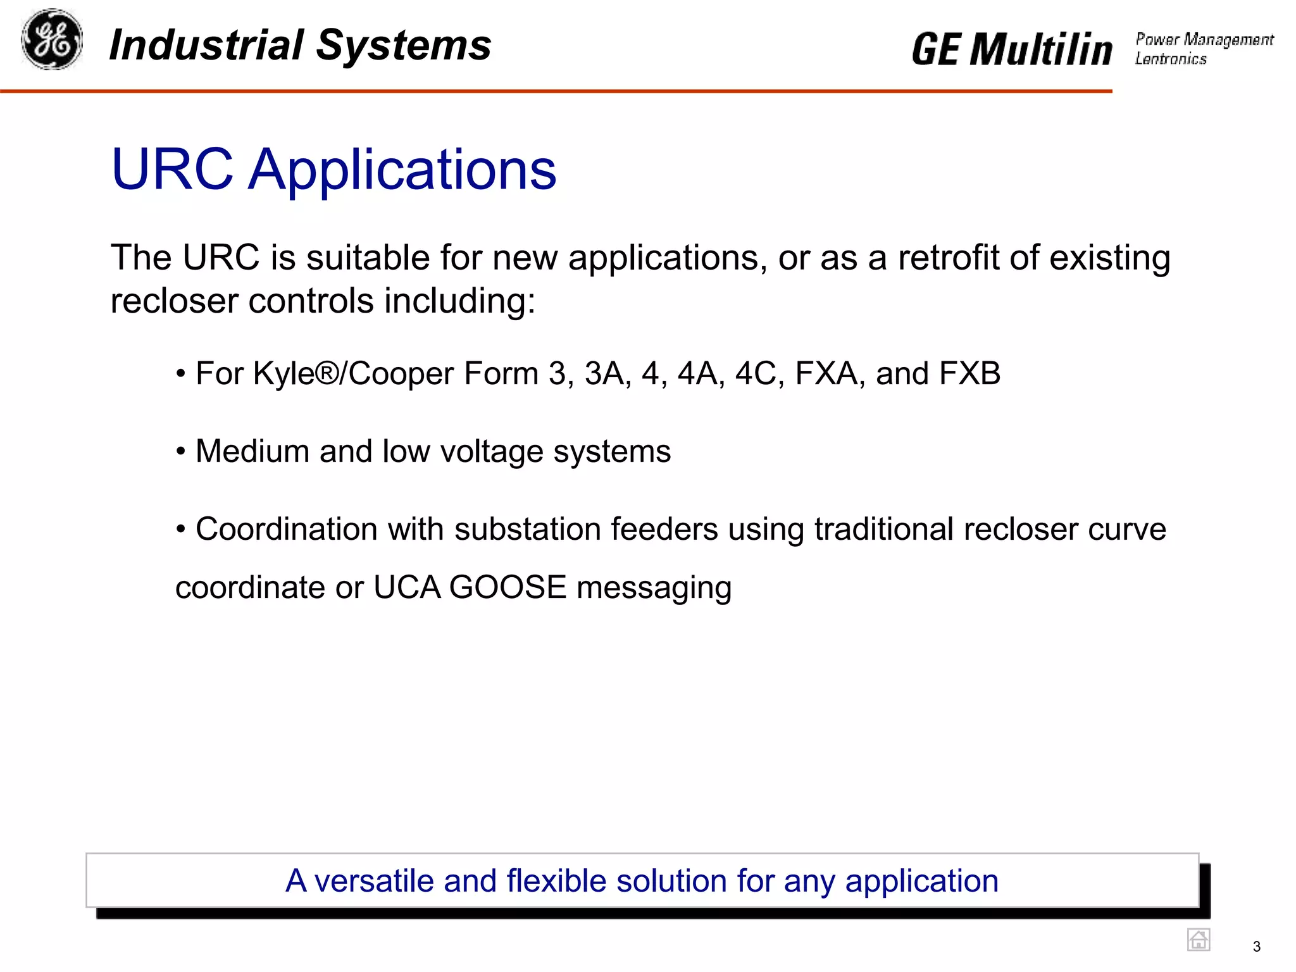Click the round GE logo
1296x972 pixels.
(x=52, y=39)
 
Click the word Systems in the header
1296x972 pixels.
(x=403, y=46)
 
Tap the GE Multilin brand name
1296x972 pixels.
(x=1011, y=49)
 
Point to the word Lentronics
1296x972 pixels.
(x=1171, y=59)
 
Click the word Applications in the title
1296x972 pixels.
(x=402, y=170)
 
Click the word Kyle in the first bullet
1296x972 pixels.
(x=283, y=373)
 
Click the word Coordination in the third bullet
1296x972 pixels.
(x=286, y=529)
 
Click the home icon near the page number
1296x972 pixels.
(x=1198, y=940)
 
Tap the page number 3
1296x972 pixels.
(x=1256, y=947)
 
